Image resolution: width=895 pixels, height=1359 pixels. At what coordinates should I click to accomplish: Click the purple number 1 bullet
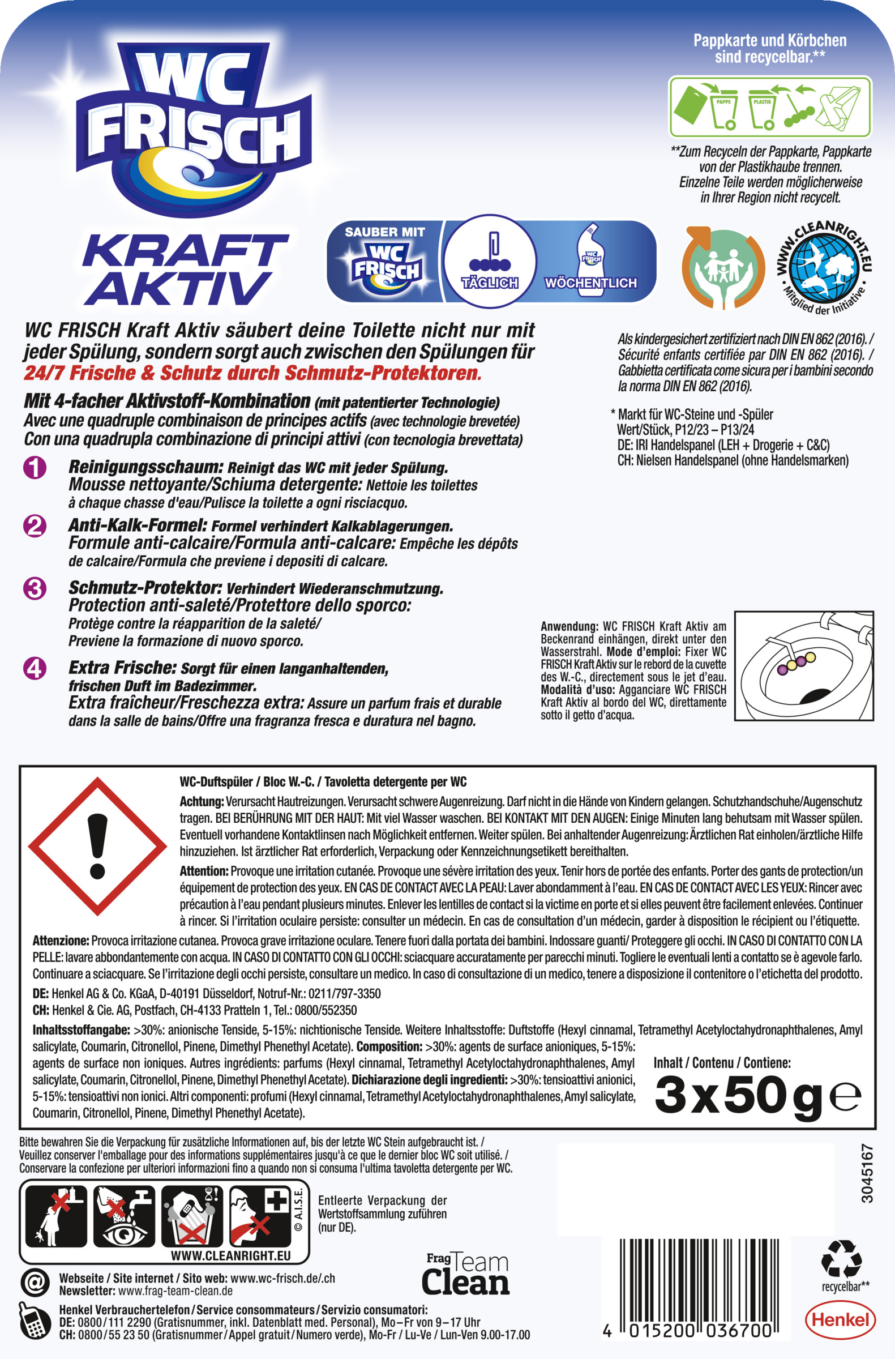coord(35,468)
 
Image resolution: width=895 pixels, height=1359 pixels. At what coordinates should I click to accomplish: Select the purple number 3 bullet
coord(35,588)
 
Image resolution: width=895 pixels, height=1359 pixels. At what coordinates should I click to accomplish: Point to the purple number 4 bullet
coord(35,668)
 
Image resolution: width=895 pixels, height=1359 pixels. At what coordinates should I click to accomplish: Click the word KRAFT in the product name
coord(185,250)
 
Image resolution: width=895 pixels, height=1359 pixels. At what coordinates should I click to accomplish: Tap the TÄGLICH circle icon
coord(490,260)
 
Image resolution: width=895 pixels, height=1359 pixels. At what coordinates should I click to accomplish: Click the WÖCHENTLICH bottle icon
coord(590,260)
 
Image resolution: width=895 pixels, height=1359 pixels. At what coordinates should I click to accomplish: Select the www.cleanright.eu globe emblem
coord(824,266)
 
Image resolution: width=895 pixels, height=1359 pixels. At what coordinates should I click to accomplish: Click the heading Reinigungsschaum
coord(144,467)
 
